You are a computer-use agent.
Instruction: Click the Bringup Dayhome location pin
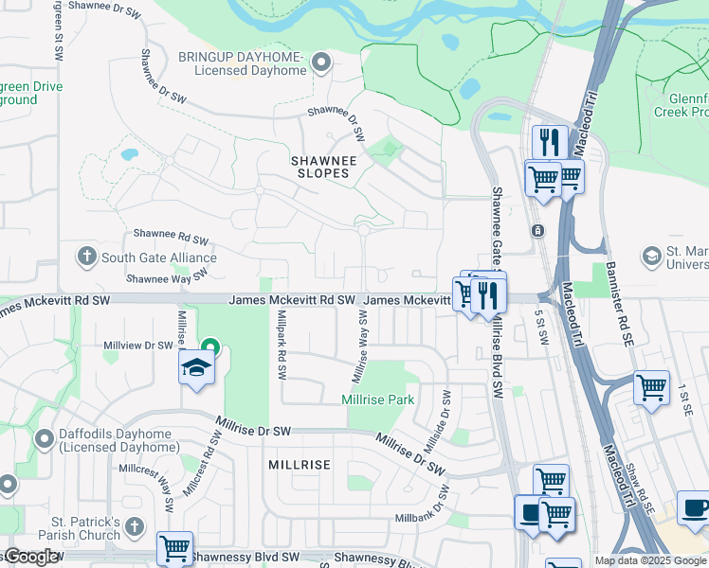coord(321,63)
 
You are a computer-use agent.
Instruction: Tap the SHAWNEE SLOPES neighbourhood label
coord(323,168)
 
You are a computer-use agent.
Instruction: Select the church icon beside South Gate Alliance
coord(86,257)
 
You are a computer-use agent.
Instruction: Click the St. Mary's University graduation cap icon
coord(651,257)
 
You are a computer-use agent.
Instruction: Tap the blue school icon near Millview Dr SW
coord(196,369)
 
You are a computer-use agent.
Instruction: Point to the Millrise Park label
coord(378,399)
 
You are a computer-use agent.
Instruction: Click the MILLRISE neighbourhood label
coord(299,465)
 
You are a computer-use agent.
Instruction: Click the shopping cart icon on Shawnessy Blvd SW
coord(174,546)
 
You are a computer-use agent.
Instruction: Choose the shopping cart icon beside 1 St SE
coord(651,386)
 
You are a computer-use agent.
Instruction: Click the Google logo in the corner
coord(31,557)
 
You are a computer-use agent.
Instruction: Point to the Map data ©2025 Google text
coord(649,560)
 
